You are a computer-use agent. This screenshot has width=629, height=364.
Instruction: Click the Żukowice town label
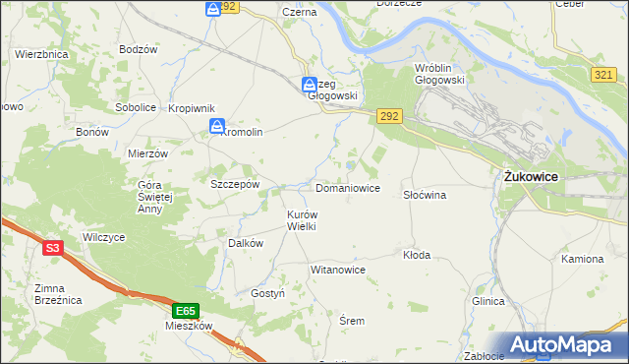(x=532, y=175)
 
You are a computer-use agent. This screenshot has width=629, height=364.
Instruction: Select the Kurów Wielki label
(x=301, y=219)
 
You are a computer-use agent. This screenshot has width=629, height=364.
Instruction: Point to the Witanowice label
(x=338, y=269)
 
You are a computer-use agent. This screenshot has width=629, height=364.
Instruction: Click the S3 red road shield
(x=53, y=249)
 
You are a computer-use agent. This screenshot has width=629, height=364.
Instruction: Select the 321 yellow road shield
(x=605, y=76)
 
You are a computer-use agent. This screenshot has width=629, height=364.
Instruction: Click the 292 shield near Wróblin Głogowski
(x=388, y=116)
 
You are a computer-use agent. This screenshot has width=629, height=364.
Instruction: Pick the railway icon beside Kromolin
(x=216, y=126)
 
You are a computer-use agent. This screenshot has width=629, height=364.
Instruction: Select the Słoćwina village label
(x=425, y=195)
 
